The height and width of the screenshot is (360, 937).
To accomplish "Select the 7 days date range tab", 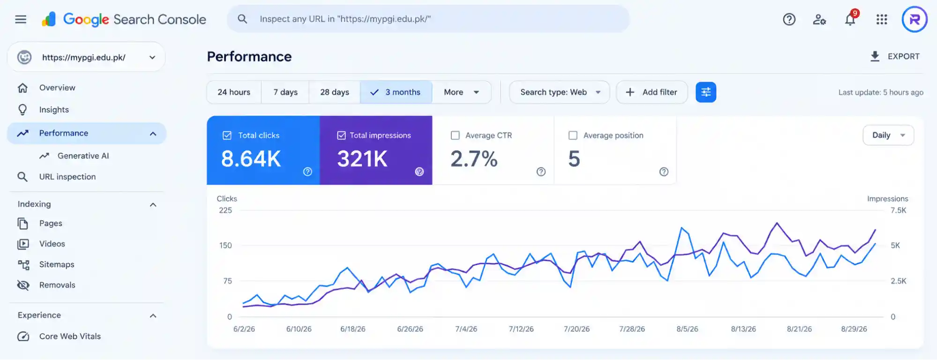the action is [285, 92].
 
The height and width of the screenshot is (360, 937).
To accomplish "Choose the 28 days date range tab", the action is [335, 92].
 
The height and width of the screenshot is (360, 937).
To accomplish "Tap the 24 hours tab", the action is [234, 92].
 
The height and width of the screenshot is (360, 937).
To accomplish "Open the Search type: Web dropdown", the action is [560, 92].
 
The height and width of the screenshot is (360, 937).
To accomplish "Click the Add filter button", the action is [652, 92].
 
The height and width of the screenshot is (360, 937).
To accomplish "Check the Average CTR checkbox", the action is [455, 135].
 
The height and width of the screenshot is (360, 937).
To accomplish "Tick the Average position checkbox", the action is [573, 135].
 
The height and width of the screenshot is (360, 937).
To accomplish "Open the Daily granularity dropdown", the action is [888, 135].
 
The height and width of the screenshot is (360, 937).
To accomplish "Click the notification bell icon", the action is [850, 20].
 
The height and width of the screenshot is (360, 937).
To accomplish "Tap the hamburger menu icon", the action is [21, 19].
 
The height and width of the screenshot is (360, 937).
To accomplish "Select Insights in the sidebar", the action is [54, 110].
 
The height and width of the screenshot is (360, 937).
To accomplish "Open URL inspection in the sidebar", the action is [67, 177].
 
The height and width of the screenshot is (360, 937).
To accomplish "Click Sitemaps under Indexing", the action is [57, 264].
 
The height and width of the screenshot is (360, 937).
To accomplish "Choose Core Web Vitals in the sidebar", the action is [70, 336].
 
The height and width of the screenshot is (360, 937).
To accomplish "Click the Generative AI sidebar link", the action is [83, 156].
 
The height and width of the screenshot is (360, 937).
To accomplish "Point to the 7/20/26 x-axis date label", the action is [577, 329].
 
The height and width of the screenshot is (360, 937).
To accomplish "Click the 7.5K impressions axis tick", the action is [899, 210].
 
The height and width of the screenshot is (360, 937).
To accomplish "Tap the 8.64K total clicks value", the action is [251, 159].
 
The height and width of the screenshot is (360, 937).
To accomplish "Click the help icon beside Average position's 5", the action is [664, 172].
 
